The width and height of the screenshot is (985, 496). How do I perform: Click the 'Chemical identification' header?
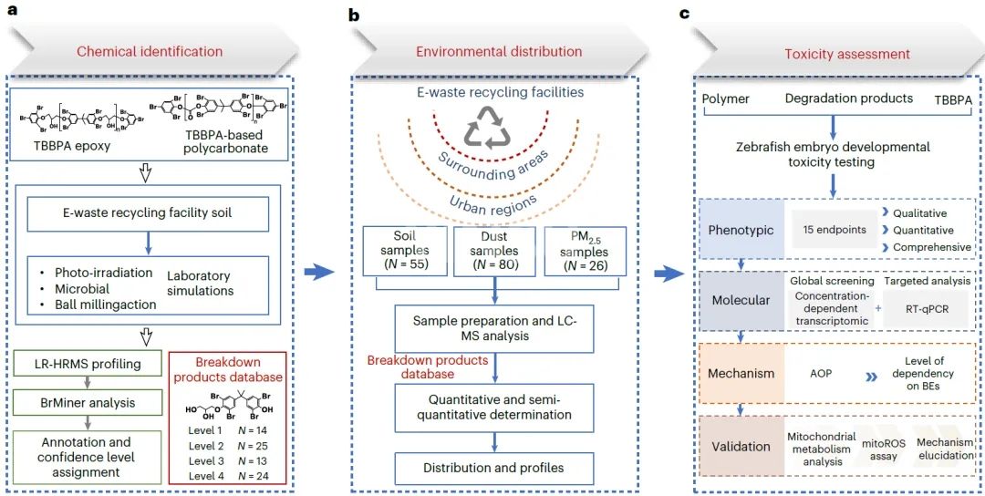tap(149, 51)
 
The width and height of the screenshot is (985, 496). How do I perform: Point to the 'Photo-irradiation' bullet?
tap(88, 275)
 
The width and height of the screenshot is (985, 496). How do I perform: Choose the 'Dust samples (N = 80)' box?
tap(493, 251)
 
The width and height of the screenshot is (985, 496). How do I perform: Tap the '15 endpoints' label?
tap(829, 230)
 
